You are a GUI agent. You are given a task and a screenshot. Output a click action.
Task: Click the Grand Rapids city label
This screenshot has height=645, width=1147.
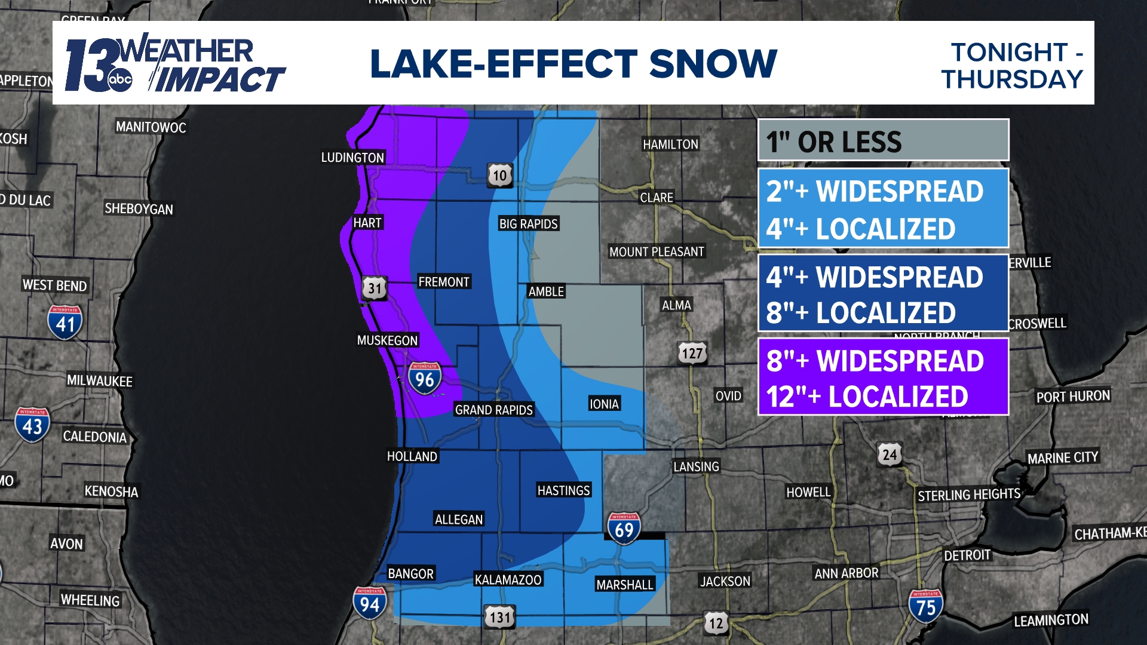[x=493, y=410]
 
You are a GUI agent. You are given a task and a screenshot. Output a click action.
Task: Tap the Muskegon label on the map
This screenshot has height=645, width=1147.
[x=387, y=340]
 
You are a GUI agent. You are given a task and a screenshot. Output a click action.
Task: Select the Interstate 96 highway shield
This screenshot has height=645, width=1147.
[x=425, y=379]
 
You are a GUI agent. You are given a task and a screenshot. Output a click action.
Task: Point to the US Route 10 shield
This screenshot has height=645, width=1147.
[x=500, y=175]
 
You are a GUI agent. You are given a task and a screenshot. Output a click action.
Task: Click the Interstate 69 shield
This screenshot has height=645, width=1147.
[x=624, y=529]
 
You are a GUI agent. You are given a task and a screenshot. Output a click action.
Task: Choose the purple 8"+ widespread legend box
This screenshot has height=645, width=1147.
[x=883, y=377]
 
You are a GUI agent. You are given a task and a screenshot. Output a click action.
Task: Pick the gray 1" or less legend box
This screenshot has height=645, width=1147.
[x=883, y=141]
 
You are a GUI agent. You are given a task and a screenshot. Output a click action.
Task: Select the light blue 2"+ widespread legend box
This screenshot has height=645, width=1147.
[x=883, y=208]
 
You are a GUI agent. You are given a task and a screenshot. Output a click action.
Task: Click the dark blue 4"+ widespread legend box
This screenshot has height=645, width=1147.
[x=883, y=293]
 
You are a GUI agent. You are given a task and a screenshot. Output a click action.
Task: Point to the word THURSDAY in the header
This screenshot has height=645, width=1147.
[x=1012, y=79]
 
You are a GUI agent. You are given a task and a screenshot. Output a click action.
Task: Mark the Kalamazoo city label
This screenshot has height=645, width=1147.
[x=508, y=579]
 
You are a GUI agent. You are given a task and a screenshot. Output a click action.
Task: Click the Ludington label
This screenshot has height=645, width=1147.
[x=352, y=158]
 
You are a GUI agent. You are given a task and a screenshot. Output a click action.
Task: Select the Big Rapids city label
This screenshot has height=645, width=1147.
[x=528, y=224]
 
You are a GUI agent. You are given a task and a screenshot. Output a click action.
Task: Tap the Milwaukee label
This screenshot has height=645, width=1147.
[x=100, y=381]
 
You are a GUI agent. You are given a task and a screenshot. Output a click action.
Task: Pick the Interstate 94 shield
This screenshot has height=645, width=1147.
[x=369, y=603]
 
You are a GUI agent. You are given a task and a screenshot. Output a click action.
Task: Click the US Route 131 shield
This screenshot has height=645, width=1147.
[x=499, y=617]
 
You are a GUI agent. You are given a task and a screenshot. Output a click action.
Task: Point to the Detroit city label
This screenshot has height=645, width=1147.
[x=967, y=555]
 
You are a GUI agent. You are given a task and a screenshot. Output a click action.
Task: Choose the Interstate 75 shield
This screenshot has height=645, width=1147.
[x=925, y=606]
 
